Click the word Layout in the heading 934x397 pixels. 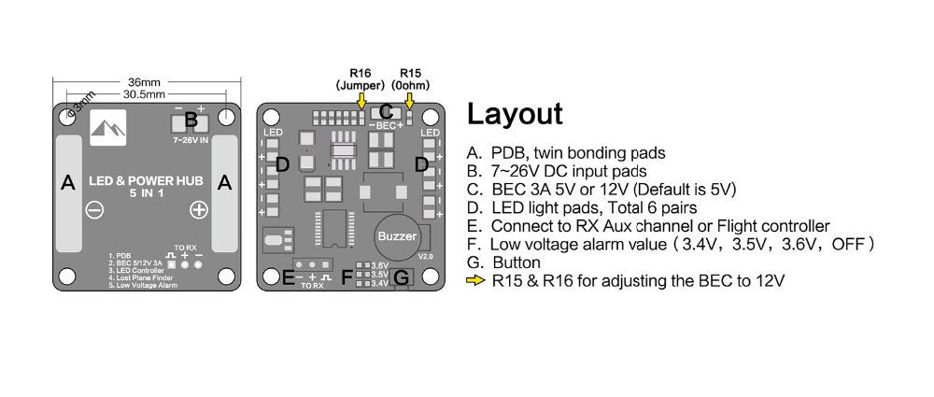pos(515,114)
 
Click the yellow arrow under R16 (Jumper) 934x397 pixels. pos(361,97)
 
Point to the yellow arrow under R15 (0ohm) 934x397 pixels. pos(409,97)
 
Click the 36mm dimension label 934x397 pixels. pos(145,81)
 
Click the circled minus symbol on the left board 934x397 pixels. pos(95,210)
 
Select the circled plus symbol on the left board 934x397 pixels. pos(198,210)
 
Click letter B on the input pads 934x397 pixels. pos(191,120)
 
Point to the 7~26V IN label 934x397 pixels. pos(191,139)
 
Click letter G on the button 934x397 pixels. pos(402,277)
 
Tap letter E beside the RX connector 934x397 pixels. pos(288,276)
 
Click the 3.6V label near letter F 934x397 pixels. pos(379,265)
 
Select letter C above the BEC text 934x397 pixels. pos(386,112)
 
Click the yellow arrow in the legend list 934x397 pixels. pos(475,280)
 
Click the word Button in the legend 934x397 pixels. pos(516,262)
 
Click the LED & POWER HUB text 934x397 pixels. pos(146,179)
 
